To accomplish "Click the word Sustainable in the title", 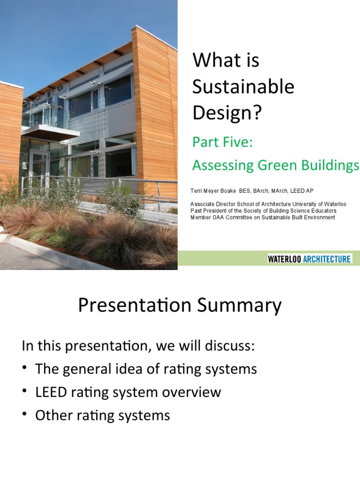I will point(243,87).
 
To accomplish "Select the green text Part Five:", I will point(223,142).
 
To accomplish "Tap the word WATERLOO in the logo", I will point(287,259).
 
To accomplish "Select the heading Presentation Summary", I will point(180,306).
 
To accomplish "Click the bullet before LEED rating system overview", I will point(25,392).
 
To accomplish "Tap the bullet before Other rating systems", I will point(25,415).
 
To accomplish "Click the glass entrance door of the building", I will point(38,164).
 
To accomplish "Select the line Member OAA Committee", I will point(262,217).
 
